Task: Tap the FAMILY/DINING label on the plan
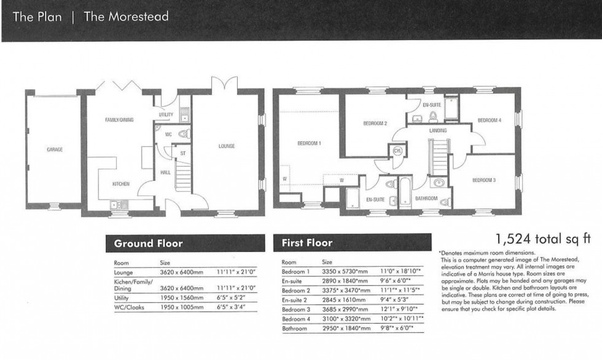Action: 119,120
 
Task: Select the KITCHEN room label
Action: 120,184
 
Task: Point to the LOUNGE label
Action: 227,146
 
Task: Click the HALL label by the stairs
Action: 165,173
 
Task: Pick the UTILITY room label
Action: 166,115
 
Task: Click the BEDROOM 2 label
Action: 375,123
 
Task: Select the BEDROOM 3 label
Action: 483,180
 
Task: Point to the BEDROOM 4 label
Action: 490,120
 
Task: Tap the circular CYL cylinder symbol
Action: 396,151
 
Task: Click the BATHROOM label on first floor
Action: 426,198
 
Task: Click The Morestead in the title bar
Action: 126,17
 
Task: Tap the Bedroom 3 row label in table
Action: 296,310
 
